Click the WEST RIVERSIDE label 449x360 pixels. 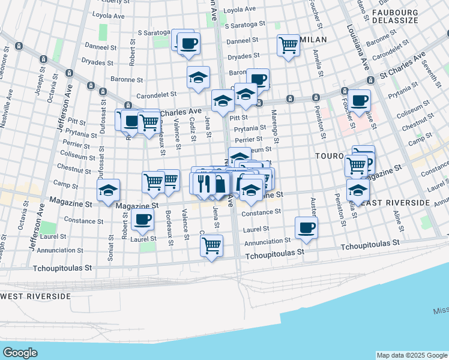pos(35,296)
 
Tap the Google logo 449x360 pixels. pos(20,353)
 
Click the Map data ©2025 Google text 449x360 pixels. pos(412,355)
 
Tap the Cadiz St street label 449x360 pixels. pos(193,129)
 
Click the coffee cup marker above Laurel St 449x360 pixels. pos(143,220)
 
